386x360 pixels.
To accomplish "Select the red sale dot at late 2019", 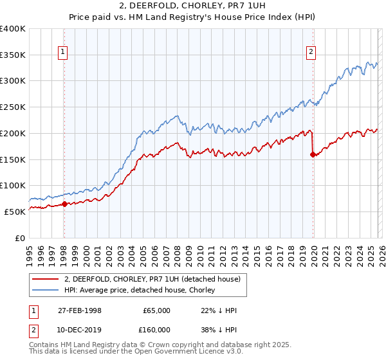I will point(313,154).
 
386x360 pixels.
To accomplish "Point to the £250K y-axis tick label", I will point(13,107).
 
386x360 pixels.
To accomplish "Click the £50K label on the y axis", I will point(15,211).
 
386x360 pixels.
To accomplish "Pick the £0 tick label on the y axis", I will point(21,237).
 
